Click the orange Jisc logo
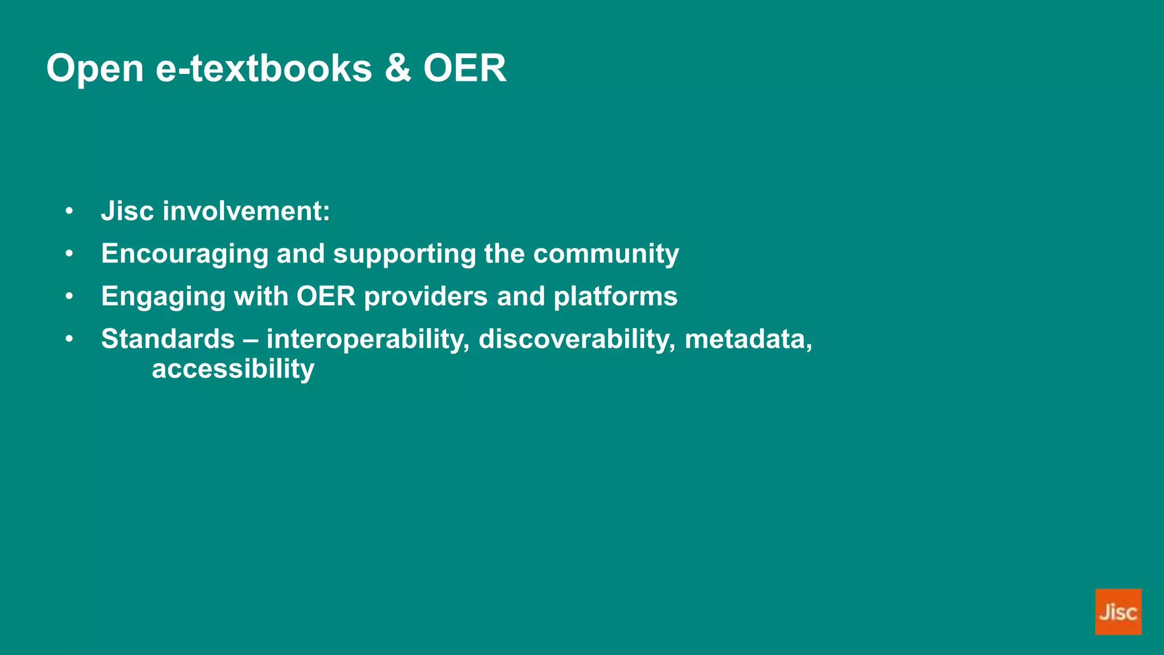click(1117, 611)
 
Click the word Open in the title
click(95, 69)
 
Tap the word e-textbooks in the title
click(264, 68)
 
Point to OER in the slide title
click(464, 68)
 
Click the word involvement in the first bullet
click(246, 211)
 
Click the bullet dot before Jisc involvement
click(69, 211)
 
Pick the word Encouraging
click(184, 254)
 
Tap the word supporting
click(404, 254)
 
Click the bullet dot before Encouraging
click(69, 254)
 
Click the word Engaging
click(163, 297)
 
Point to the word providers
click(425, 296)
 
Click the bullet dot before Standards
click(69, 339)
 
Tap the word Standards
click(168, 339)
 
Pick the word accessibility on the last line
click(233, 369)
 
